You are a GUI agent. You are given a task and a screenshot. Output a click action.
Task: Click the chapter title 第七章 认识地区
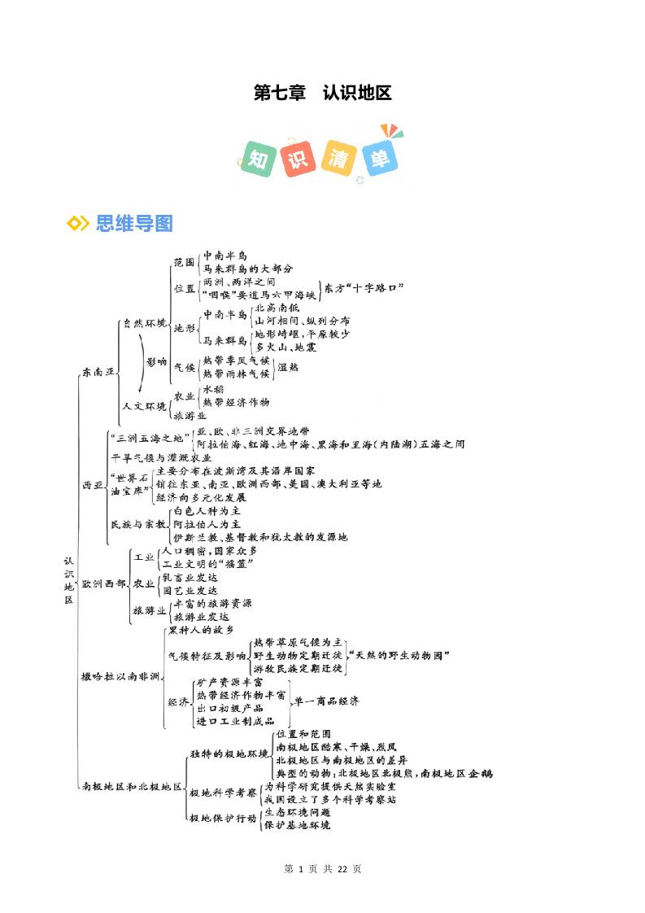click(322, 93)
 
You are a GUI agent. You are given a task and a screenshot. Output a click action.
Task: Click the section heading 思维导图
click(133, 223)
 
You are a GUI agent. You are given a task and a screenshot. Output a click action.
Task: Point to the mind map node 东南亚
click(98, 372)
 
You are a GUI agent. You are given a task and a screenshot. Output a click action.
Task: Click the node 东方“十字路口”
click(364, 288)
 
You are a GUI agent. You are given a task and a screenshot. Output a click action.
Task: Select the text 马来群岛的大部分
click(247, 268)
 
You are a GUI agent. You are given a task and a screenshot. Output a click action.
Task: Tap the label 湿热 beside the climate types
click(288, 367)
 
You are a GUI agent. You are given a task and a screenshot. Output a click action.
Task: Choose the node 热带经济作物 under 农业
click(236, 402)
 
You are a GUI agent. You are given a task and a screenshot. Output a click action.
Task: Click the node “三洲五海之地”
click(150, 437)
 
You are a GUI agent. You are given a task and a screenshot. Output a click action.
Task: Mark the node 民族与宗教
click(137, 524)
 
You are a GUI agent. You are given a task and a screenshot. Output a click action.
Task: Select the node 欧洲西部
click(103, 583)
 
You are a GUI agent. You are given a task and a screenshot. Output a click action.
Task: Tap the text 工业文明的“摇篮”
click(208, 564)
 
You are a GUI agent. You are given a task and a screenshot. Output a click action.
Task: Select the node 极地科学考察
click(223, 793)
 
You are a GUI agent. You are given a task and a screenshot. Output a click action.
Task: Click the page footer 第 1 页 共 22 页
click(322, 869)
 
